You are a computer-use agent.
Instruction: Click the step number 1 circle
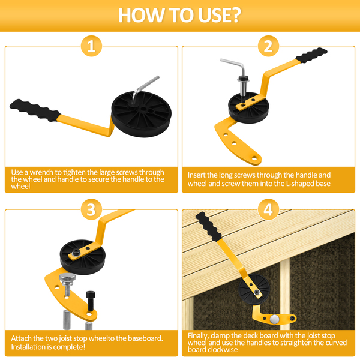click(91, 46)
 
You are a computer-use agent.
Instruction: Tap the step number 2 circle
click(268, 46)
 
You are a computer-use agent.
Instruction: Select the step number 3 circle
click(91, 209)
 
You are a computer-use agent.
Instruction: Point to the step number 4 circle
click(268, 209)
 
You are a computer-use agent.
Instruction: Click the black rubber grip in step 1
click(34, 110)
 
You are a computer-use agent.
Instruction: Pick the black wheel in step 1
click(142, 114)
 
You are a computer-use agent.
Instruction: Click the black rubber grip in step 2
click(311, 55)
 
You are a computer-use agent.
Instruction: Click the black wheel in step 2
click(248, 108)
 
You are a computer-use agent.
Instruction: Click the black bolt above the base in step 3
click(91, 301)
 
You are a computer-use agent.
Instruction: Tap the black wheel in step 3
click(83, 257)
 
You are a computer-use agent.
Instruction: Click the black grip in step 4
click(208, 227)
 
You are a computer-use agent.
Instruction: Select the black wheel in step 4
click(254, 289)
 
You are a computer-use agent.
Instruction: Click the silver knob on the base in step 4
click(275, 319)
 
